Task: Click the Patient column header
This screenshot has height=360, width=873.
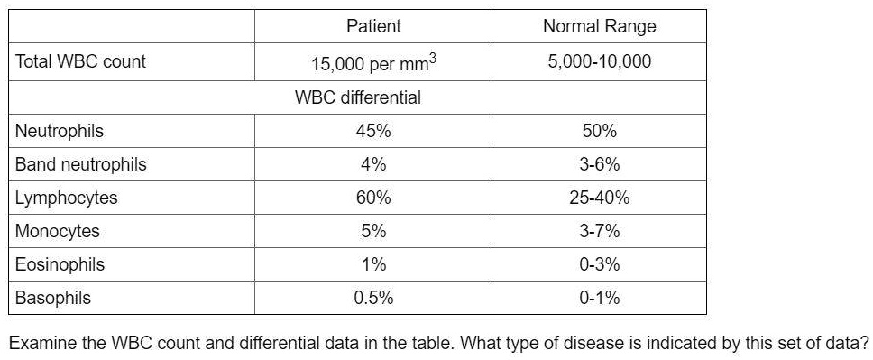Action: pos(373,26)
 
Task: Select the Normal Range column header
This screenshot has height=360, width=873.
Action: pos(599,26)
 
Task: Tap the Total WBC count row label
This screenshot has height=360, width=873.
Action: pos(80,62)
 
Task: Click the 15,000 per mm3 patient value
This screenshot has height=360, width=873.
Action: pos(373,63)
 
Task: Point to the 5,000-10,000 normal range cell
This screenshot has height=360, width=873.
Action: pos(599,62)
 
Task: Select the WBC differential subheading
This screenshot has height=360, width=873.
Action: pos(357,97)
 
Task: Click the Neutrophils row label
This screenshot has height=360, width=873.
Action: pos(60,131)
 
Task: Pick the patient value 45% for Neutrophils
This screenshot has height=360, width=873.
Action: pos(373,131)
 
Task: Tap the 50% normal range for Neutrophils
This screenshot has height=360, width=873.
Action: pos(599,131)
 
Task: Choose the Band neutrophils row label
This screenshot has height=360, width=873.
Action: pos(80,164)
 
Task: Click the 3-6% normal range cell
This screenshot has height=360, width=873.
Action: pos(599,164)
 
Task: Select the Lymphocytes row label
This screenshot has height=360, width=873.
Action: pos(66,198)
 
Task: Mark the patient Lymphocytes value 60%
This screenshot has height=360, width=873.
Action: pos(373,198)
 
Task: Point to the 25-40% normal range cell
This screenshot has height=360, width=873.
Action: pos(599,198)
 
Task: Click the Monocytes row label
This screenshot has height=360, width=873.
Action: pos(58,231)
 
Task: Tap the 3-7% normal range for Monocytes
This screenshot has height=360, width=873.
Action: pos(599,231)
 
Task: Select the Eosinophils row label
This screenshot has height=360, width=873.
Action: pos(60,264)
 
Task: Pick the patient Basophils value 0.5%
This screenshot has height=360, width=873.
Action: pos(373,298)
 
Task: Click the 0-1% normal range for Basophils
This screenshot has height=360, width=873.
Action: pos(599,298)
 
